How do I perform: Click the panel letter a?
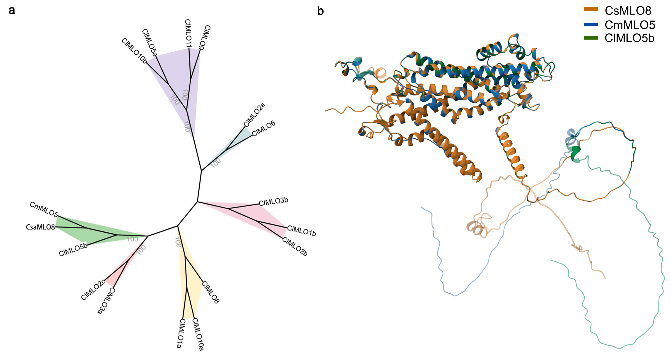(x=12, y=11)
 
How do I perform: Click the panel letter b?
(x=320, y=11)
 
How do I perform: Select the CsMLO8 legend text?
(x=628, y=11)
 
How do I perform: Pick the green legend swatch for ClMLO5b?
(x=591, y=38)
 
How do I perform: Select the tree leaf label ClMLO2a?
(x=254, y=115)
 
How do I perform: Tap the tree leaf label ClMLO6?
(x=264, y=128)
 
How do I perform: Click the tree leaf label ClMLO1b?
(x=302, y=231)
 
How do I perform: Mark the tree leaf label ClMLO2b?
(x=295, y=246)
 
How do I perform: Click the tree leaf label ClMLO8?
(x=210, y=292)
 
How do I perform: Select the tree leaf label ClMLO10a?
(x=198, y=335)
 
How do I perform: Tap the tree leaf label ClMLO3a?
(x=106, y=301)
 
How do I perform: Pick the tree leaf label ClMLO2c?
(x=93, y=290)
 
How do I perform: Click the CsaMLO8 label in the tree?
(x=40, y=227)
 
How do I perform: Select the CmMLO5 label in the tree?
(x=44, y=209)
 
